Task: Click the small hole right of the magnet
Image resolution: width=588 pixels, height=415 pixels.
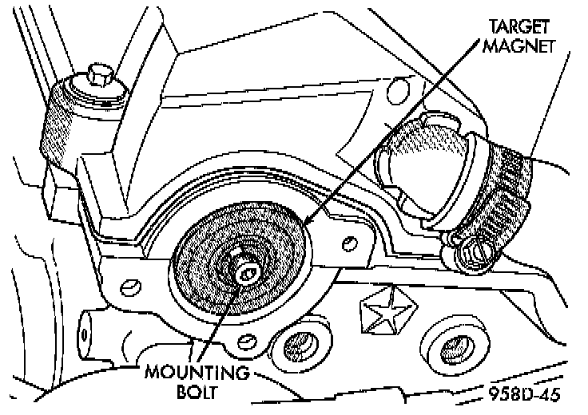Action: coord(348,242)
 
